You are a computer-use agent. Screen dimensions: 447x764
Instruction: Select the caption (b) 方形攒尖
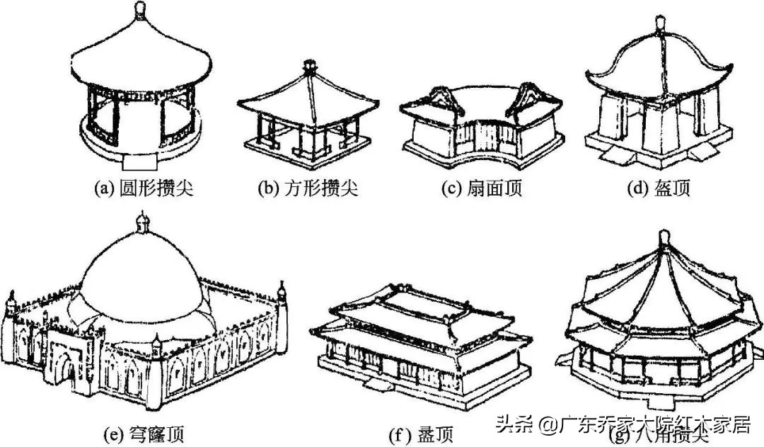(x=308, y=188)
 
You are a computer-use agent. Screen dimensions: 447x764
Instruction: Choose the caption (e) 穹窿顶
(x=146, y=431)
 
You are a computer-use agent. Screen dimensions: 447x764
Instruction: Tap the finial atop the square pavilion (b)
(x=308, y=66)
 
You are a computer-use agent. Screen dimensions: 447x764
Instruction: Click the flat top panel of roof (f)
(x=419, y=301)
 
